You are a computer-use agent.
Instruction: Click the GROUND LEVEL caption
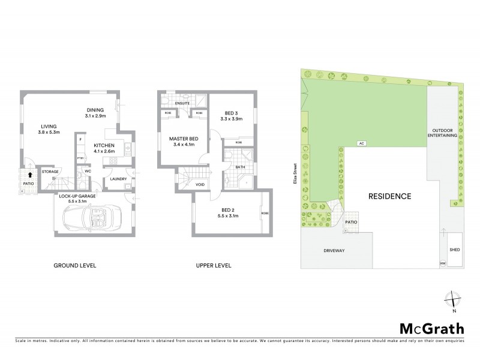click(x=75, y=266)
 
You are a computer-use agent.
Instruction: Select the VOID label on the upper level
click(x=200, y=184)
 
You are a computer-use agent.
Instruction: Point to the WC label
click(x=87, y=171)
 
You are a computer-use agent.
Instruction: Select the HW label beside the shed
click(x=443, y=263)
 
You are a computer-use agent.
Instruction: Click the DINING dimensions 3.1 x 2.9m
click(x=95, y=116)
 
